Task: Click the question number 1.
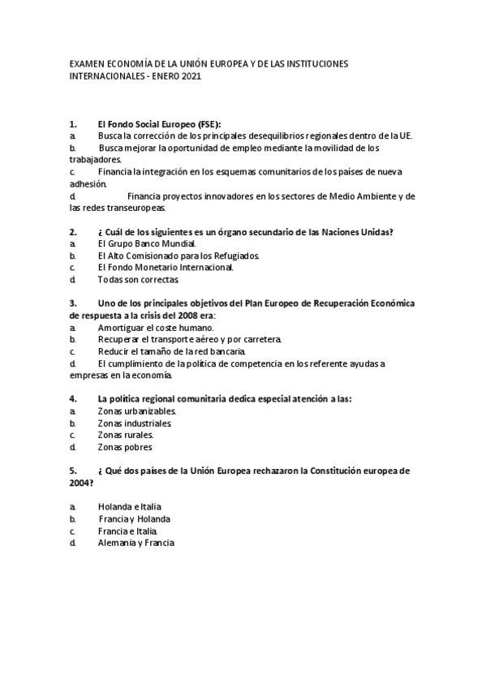tap(73, 124)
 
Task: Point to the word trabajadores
tap(92, 161)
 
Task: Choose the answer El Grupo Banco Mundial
tap(146, 243)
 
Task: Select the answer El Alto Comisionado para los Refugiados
tap(178, 256)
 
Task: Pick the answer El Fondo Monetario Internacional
tap(165, 267)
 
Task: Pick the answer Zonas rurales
tap(125, 435)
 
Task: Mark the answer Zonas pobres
tap(124, 447)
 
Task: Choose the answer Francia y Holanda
tap(135, 518)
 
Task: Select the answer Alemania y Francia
tap(135, 543)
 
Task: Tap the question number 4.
tap(73, 398)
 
